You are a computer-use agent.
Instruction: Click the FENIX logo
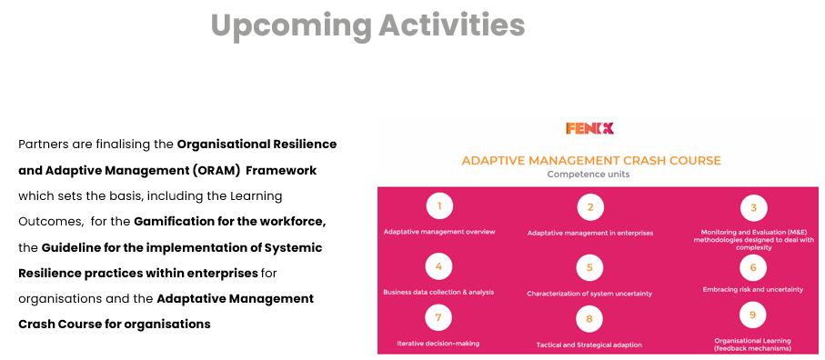(589, 128)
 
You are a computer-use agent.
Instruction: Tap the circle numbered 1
(439, 206)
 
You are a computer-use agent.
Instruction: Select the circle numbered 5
(589, 267)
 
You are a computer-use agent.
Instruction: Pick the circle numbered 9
(753, 315)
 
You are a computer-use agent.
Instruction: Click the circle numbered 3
(753, 208)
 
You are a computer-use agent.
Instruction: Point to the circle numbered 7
(438, 317)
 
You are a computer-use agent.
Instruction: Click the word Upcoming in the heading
(291, 25)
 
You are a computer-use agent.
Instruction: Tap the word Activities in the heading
(452, 25)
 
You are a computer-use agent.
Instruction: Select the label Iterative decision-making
(438, 344)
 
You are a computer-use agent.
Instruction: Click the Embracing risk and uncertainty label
(753, 290)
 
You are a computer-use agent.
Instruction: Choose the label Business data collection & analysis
(438, 292)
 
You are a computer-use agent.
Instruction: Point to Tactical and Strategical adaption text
(589, 345)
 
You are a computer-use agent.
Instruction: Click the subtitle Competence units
(589, 175)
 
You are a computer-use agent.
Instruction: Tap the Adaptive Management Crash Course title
(591, 160)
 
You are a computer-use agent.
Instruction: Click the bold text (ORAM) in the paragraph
(216, 171)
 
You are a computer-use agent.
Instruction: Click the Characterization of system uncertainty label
(589, 294)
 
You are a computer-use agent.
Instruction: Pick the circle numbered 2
(590, 207)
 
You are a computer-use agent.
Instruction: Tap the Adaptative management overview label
(439, 232)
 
